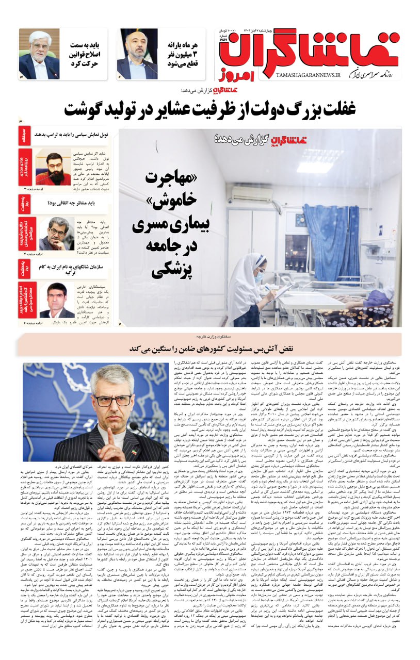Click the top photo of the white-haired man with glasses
click(39, 54)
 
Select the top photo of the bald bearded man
click(137, 54)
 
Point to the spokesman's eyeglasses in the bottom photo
click(111, 400)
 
